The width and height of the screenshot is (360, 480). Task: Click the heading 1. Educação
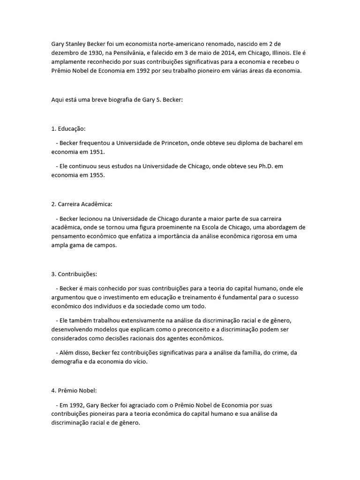[x=69, y=128]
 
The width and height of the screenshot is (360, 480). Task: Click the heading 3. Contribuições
[x=74, y=274]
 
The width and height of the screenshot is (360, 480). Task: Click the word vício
[x=139, y=362]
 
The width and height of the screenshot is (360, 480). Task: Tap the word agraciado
[x=149, y=405]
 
